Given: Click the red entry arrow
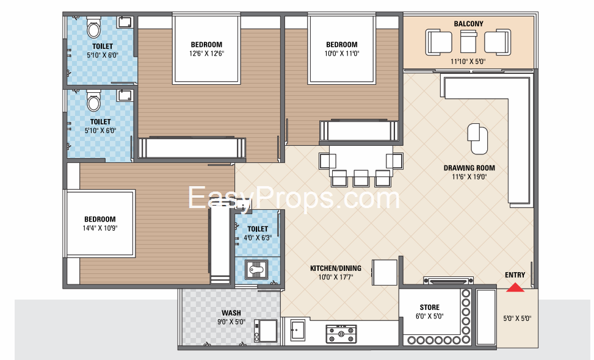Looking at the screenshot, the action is click(x=515, y=288).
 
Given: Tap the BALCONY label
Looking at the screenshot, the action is click(x=469, y=24).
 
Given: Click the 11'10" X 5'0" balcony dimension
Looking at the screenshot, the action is click(x=468, y=62).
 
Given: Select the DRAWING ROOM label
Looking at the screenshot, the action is click(x=469, y=168).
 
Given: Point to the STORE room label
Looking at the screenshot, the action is click(x=430, y=308).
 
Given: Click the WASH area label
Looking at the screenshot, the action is click(x=231, y=313).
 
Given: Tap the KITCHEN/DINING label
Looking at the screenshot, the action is click(x=336, y=268).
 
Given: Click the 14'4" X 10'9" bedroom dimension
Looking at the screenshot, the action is click(x=100, y=228).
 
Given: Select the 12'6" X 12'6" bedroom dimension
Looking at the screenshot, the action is click(x=206, y=53).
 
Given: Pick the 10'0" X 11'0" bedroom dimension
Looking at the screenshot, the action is click(x=342, y=53).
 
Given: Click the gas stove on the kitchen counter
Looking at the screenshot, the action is click(x=341, y=334).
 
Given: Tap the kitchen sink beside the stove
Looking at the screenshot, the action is click(x=298, y=330).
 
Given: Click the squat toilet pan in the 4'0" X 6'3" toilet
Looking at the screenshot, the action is click(x=256, y=270).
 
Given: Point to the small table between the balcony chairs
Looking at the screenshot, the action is click(x=468, y=41).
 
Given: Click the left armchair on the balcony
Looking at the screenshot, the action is click(x=439, y=42).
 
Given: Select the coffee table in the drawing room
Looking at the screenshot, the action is click(x=477, y=139).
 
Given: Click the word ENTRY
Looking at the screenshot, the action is click(x=515, y=275).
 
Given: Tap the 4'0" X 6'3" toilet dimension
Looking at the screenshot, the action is click(x=258, y=238).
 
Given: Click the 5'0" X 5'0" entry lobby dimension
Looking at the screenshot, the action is click(x=517, y=319).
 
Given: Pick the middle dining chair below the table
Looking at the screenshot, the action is click(x=361, y=178).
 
